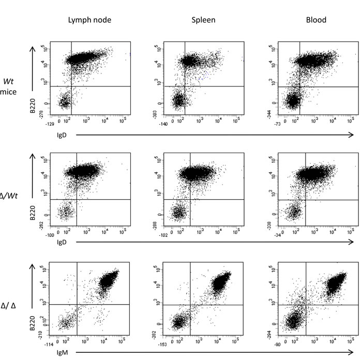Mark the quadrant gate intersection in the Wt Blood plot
(x=301, y=86)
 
